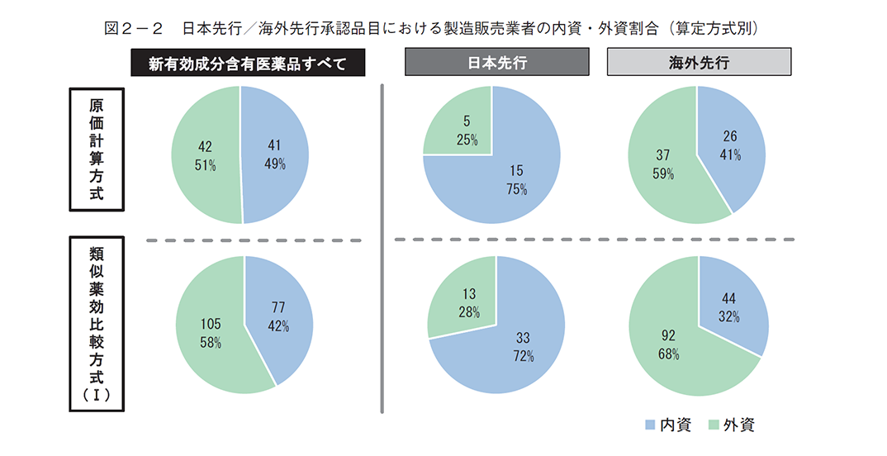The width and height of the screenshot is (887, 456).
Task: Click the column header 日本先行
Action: pyautogui.click(x=496, y=63)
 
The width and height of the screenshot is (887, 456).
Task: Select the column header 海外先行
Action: pyautogui.click(x=699, y=63)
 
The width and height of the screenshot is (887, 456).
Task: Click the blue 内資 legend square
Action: pyautogui.click(x=649, y=425)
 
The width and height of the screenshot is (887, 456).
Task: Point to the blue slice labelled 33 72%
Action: pyautogui.click(x=516, y=347)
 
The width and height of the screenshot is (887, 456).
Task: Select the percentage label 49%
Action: pyautogui.click(x=275, y=164)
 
